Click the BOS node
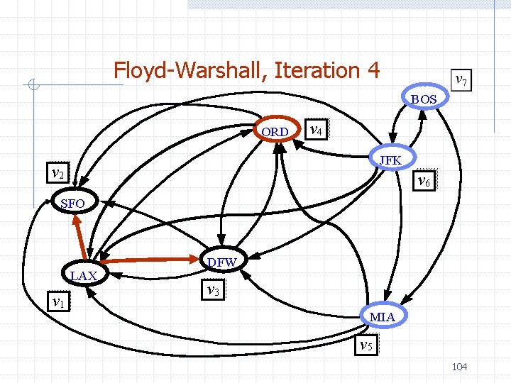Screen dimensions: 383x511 point(424,99)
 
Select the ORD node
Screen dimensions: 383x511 point(275,132)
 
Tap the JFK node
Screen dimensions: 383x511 point(390,160)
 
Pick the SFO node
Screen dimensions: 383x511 point(73,204)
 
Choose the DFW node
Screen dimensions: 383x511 point(223,262)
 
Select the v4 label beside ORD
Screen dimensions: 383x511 point(316,131)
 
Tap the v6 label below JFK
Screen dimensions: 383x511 point(424,181)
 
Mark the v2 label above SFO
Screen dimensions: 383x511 point(58,172)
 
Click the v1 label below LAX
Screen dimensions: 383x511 point(59,302)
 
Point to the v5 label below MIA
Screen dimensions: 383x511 point(366,345)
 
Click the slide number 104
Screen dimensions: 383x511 point(459,366)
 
